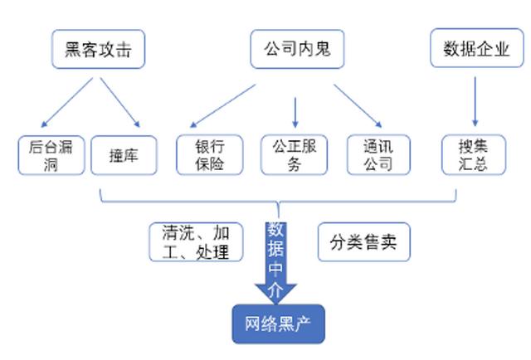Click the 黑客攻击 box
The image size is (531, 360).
click(x=98, y=49)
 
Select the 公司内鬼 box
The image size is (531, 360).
click(x=297, y=49)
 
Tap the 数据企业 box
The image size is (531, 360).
click(x=477, y=48)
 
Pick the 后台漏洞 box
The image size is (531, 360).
click(x=51, y=155)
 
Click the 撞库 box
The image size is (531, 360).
click(x=124, y=155)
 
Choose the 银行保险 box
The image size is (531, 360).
click(x=210, y=155)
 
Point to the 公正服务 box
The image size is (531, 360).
click(x=295, y=155)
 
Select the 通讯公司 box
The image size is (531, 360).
click(x=378, y=155)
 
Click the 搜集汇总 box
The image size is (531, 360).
click(x=474, y=155)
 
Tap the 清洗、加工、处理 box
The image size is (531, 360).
click(x=196, y=242)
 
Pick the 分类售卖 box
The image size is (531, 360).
click(x=363, y=242)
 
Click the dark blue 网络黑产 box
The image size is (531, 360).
click(x=279, y=324)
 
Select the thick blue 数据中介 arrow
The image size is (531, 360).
click(x=275, y=263)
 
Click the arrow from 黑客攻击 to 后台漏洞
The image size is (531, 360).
click(x=66, y=103)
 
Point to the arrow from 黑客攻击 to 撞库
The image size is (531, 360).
click(x=119, y=103)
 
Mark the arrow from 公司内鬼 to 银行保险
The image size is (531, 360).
click(x=222, y=106)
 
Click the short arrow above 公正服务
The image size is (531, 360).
click(x=295, y=113)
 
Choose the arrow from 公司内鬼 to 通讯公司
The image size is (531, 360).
click(x=358, y=106)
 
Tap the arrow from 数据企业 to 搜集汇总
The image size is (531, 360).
click(x=475, y=101)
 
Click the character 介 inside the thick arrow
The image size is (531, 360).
click(x=275, y=289)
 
